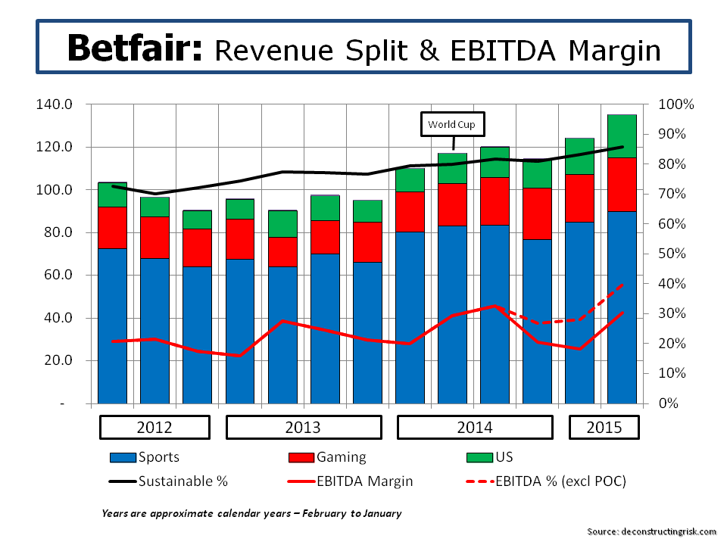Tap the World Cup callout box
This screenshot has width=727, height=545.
pyautogui.click(x=453, y=124)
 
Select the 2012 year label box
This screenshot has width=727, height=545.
pyautogui.click(x=154, y=427)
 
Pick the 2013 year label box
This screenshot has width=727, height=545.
pyautogui.click(x=302, y=427)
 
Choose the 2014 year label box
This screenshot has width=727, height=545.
pyautogui.click(x=474, y=427)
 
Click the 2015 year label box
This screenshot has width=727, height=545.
pyautogui.click(x=604, y=427)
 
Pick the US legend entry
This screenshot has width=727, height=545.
pyautogui.click(x=491, y=457)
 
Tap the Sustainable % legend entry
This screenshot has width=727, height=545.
pyautogui.click(x=167, y=481)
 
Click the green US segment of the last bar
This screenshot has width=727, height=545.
pyautogui.click(x=622, y=136)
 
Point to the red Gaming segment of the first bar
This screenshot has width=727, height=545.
pyautogui.click(x=112, y=227)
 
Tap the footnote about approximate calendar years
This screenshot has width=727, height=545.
pyautogui.click(x=251, y=513)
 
